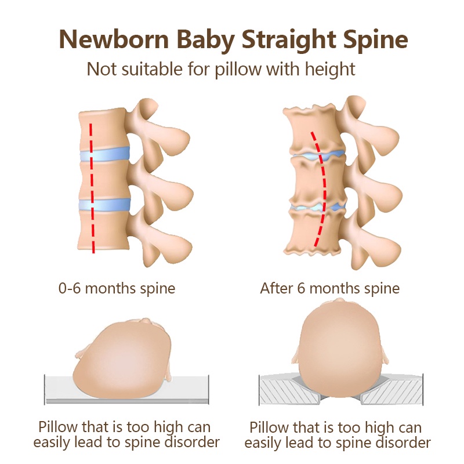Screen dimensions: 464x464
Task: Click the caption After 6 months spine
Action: [x=329, y=288]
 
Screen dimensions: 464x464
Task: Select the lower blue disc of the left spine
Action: [x=104, y=206]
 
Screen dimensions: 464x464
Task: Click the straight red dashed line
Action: [x=92, y=186]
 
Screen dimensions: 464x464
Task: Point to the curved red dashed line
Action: [x=321, y=186]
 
